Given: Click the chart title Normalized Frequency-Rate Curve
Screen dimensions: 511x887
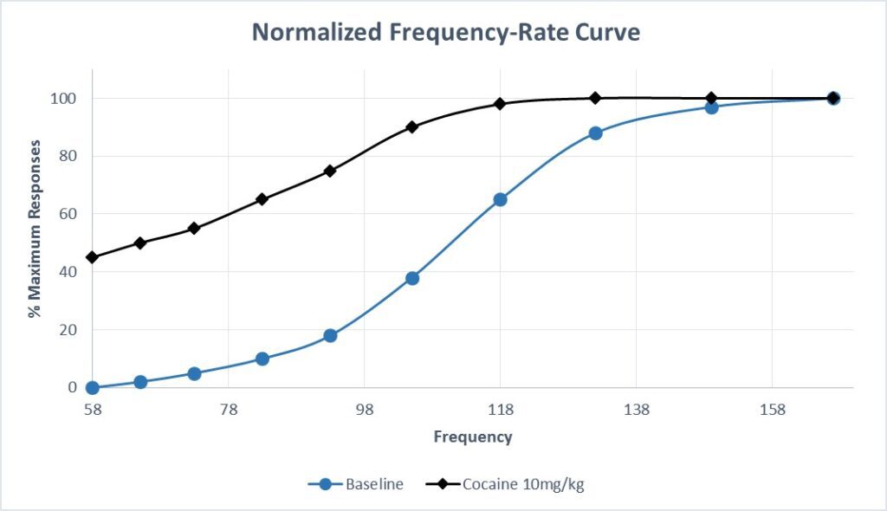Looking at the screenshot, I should [446, 33].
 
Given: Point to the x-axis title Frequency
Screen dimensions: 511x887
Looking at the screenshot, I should [473, 437].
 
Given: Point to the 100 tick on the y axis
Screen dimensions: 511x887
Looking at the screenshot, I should [67, 99].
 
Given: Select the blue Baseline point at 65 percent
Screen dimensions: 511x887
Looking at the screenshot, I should [500, 199].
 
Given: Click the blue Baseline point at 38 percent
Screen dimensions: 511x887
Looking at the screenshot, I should [412, 278].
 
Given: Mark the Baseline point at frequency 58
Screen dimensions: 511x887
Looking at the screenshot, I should [93, 387].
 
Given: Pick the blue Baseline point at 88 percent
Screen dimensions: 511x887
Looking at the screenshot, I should [595, 133].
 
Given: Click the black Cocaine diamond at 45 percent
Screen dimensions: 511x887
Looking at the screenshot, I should [93, 257].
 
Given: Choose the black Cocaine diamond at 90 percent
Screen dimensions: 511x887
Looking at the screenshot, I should [412, 126].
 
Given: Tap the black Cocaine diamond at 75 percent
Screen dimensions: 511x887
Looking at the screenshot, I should [330, 171].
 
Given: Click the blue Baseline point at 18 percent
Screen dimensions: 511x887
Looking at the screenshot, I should [330, 335].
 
